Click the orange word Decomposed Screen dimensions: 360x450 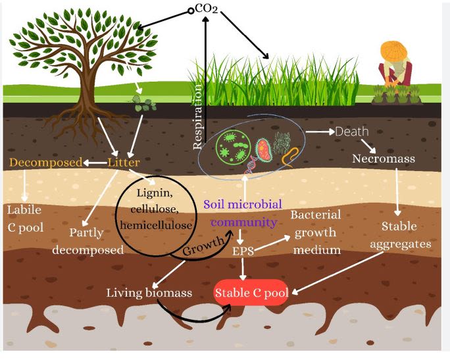pos(45,162)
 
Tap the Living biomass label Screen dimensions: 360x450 pos(150,292)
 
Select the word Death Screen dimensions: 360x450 pos(352,132)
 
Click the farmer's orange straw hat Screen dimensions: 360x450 pos(393,50)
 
